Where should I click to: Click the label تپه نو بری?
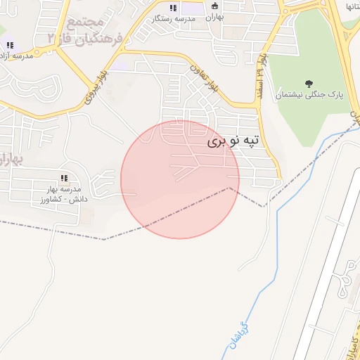pos(233,141)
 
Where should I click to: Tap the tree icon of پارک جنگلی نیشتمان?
pos(311,84)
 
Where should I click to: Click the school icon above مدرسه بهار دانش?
pos(64,179)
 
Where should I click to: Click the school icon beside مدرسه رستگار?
pos(173,8)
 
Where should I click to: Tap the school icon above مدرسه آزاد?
pos(10,45)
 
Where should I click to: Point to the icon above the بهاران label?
pos(215,6)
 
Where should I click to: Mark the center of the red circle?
pos(180,179)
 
